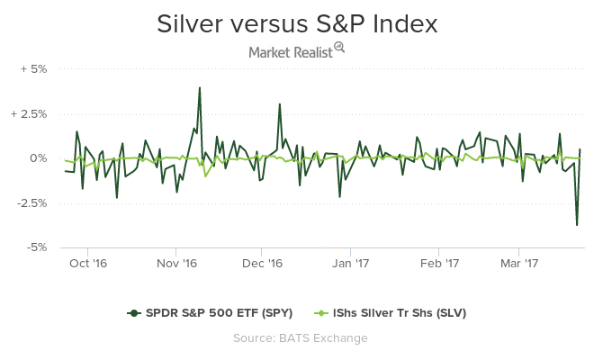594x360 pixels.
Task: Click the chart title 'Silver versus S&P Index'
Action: click(297, 24)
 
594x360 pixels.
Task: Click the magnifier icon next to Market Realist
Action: click(339, 48)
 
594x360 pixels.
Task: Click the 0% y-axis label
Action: click(40, 158)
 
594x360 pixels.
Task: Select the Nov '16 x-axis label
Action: click(176, 264)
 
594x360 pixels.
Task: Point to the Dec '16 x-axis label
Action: click(263, 264)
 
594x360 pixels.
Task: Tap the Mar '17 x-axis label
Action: click(518, 264)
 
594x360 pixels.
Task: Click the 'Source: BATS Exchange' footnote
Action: click(297, 337)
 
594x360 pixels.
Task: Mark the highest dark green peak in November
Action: click(199, 88)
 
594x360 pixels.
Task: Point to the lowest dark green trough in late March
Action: click(577, 225)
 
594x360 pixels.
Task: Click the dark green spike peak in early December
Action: click(280, 104)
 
